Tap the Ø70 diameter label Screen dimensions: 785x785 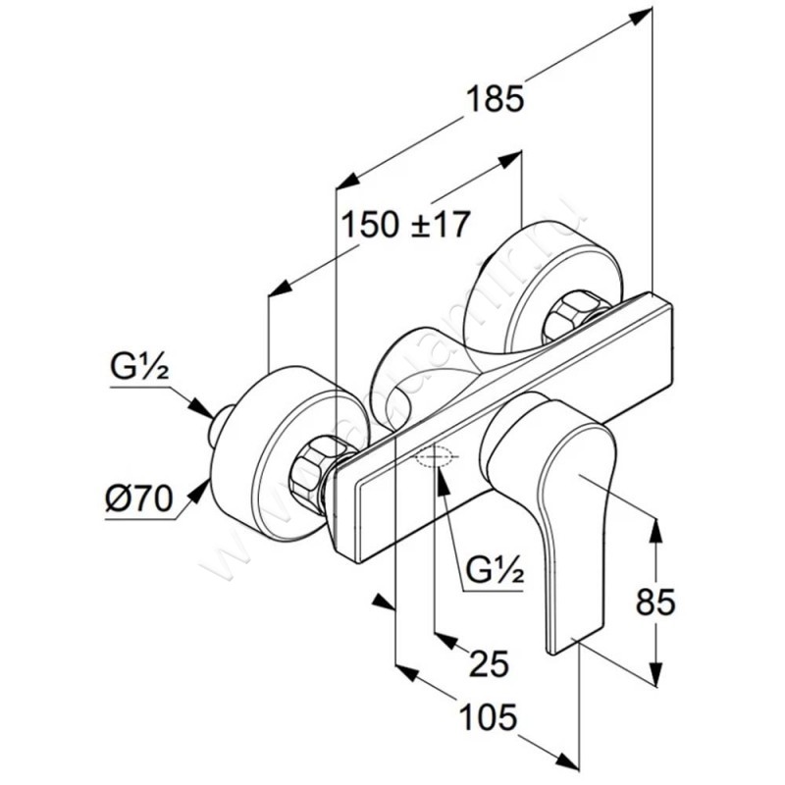(x=136, y=499)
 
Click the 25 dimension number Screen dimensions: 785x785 (x=489, y=664)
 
